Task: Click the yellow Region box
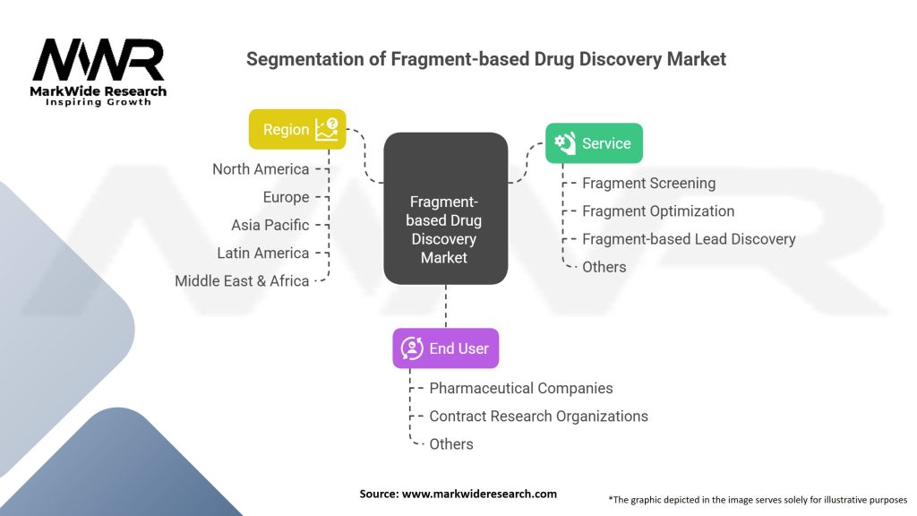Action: pos(297,129)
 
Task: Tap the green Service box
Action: pos(594,142)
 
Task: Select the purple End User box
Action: pos(446,348)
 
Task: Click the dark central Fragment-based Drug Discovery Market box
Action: pos(446,208)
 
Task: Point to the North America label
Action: pos(261,169)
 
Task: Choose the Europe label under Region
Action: pos(286,197)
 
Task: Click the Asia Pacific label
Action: pos(270,225)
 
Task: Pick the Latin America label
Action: pos(263,253)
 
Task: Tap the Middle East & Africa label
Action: pos(242,280)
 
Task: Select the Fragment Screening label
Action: pos(648,183)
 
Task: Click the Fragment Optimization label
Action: pos(658,211)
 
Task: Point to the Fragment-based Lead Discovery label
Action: pos(689,238)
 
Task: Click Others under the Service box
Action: pos(604,267)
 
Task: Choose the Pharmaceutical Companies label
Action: pos(521,388)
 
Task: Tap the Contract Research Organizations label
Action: pos(538,416)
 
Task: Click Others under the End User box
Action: pos(451,444)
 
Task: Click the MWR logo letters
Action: pos(99,60)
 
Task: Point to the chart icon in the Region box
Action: pos(327,129)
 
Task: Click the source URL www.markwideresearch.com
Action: pos(479,494)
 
